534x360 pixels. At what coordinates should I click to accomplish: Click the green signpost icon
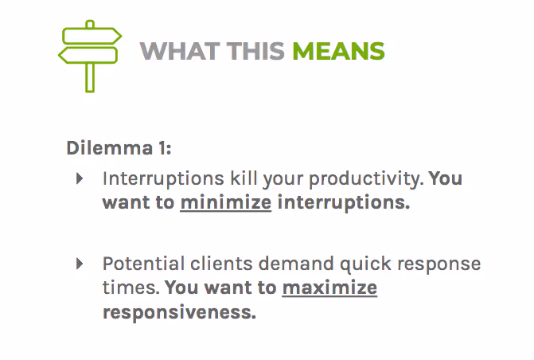click(90, 55)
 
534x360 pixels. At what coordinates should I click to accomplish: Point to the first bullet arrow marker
click(80, 178)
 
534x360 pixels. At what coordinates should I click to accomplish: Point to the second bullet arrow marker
click(80, 264)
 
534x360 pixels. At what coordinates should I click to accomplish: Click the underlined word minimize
click(226, 202)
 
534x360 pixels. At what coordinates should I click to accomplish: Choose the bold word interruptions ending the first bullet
click(344, 202)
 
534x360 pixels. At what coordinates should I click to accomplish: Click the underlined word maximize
click(329, 288)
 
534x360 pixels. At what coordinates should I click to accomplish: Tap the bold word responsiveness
click(179, 311)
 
